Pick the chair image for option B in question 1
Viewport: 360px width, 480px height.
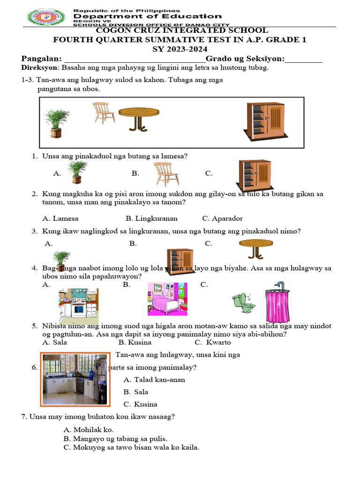(166, 174)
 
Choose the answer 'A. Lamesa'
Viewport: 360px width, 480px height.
(60, 218)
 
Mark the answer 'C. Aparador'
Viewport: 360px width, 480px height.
(223, 218)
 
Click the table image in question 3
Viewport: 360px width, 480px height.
(256, 248)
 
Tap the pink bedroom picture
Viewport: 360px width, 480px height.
(167, 299)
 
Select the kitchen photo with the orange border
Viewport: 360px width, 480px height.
(75, 379)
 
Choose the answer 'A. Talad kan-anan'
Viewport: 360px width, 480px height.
(155, 380)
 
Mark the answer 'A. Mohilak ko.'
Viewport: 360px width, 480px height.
(89, 429)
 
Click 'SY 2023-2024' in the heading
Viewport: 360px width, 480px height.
(180, 49)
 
